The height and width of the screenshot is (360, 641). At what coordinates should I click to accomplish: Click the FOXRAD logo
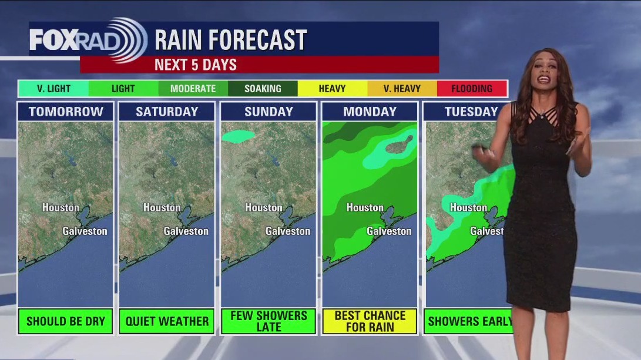point(88,39)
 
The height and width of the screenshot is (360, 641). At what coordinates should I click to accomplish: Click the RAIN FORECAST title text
point(230,40)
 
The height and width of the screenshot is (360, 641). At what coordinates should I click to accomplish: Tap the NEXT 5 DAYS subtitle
point(195,65)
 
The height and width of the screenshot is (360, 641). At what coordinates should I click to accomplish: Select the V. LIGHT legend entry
point(53,89)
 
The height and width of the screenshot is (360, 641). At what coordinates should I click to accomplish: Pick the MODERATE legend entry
point(193,89)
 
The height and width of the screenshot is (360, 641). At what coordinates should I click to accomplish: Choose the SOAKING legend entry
point(263,89)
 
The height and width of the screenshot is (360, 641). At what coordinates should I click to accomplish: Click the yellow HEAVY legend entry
point(332,89)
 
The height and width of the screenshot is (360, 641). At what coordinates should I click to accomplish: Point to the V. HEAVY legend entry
point(402,89)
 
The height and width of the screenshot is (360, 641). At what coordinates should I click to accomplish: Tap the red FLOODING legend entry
point(472,89)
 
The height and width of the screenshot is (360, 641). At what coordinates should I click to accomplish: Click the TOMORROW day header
point(65,112)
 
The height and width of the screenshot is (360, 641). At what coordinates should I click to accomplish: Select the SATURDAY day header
point(167,112)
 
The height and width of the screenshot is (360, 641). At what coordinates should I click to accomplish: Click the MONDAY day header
point(370,112)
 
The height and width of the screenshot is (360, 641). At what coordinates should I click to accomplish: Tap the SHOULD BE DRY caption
point(65,321)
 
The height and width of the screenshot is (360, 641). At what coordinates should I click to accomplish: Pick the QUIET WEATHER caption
point(167,321)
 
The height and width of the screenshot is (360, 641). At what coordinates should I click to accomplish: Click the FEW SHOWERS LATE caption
point(269,321)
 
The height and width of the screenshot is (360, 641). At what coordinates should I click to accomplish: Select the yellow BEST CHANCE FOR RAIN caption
point(370,321)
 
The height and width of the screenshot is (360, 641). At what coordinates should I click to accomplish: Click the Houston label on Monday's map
point(364,207)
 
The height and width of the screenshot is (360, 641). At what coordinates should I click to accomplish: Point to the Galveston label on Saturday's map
point(186,231)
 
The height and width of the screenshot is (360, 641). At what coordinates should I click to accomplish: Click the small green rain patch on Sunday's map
point(239,136)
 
